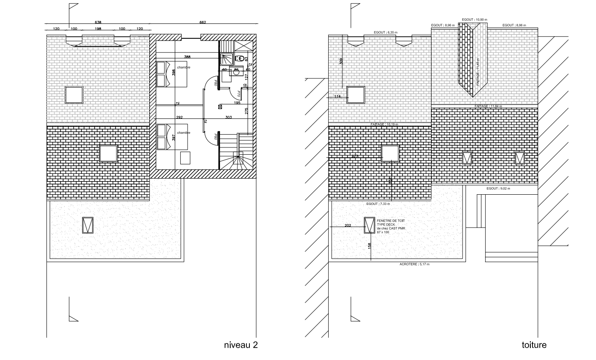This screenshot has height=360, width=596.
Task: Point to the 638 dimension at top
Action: [98, 22]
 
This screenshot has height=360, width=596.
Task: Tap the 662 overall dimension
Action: [203, 22]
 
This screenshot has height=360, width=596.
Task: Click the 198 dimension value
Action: [98, 29]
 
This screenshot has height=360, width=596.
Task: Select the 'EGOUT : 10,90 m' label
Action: [474, 20]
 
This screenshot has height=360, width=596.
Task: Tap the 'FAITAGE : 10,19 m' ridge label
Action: [384, 124]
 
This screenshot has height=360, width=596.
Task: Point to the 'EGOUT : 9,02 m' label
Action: [499, 188]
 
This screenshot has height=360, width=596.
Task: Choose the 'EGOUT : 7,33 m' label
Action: [378, 204]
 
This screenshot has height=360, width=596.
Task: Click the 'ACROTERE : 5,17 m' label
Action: [414, 265]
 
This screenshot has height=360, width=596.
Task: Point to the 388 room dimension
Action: [187, 57]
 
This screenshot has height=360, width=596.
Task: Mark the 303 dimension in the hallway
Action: [229, 117]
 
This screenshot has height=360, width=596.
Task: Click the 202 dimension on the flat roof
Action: [347, 225]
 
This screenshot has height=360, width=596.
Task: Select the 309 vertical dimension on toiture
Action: [341, 61]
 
